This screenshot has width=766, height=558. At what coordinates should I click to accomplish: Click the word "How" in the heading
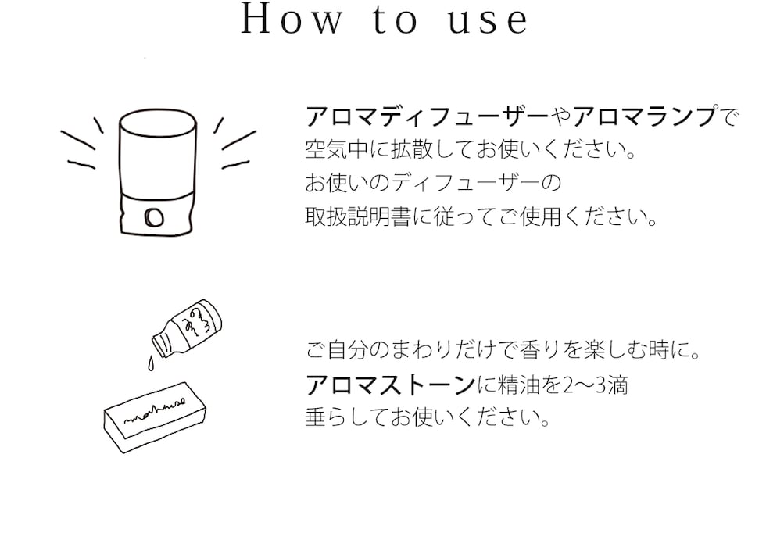click(x=291, y=21)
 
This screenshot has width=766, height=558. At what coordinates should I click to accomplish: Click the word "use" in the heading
click(x=489, y=21)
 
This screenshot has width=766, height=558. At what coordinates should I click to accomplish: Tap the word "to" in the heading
click(x=392, y=21)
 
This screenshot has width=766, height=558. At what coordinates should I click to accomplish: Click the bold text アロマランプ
click(x=645, y=117)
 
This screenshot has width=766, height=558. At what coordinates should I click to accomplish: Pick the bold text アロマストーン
click(x=390, y=385)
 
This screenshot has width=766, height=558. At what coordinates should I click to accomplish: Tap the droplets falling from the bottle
click(x=149, y=360)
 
